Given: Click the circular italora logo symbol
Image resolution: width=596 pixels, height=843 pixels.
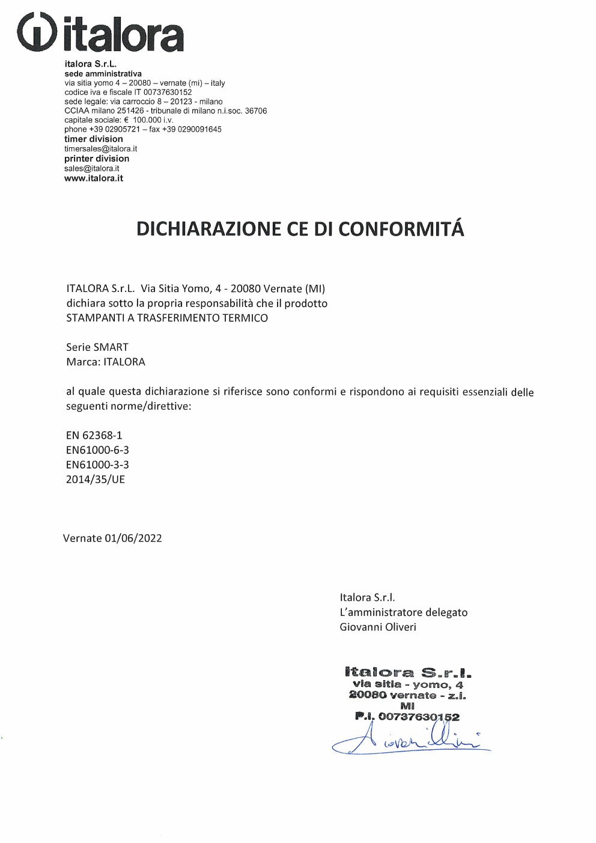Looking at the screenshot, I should tap(37, 32).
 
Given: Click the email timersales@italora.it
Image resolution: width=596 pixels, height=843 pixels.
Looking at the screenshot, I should tap(100, 149).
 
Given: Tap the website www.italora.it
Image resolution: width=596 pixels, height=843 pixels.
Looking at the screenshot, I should tap(94, 178).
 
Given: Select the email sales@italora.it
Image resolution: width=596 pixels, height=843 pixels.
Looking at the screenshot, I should tap(91, 169).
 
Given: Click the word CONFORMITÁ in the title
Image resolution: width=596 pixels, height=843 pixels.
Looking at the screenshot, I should tap(401, 229).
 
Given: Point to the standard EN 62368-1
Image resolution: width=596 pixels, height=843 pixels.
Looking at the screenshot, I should tap(94, 436).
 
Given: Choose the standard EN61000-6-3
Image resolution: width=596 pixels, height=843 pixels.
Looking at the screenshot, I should tap(97, 450).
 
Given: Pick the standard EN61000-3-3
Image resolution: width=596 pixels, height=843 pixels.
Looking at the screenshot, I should tap(97, 465).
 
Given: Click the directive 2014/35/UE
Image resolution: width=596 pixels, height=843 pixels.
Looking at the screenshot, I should tap(96, 479).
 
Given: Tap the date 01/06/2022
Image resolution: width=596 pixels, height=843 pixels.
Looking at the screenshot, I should tap(133, 538).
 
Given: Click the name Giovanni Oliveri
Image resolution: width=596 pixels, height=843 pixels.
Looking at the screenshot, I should tap(378, 627).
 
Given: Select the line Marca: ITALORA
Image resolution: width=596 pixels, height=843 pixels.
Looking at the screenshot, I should tap(106, 362).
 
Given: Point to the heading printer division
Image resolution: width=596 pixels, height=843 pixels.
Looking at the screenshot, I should tap(97, 159).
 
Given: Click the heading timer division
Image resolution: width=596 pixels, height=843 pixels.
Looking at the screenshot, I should tap(93, 139).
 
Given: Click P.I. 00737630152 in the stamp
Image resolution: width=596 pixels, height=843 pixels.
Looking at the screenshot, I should tap(407, 717).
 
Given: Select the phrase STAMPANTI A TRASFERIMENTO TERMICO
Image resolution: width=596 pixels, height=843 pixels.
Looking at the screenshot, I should tap(167, 318).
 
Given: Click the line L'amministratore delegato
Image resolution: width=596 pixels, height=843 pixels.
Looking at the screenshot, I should tap(403, 613).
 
